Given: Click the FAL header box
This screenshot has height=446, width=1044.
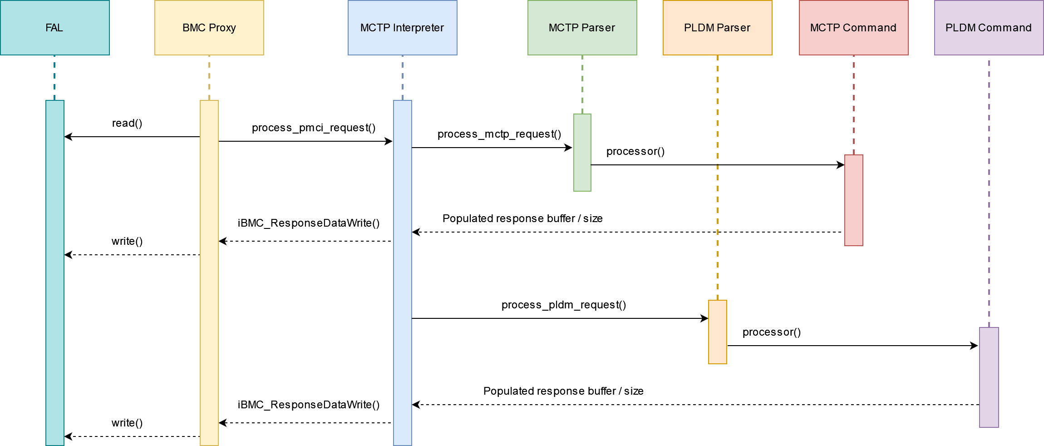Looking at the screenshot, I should [x=54, y=28].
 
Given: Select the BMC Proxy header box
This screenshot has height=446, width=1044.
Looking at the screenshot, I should [x=209, y=28].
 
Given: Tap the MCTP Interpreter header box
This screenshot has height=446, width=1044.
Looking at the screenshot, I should [x=402, y=28].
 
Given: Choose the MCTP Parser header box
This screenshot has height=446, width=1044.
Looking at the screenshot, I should [x=582, y=28].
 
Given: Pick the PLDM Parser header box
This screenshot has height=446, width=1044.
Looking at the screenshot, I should [x=717, y=28].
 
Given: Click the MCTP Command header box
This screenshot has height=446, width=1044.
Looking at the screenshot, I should [x=853, y=28].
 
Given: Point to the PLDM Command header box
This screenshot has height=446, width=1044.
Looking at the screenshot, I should [x=989, y=28].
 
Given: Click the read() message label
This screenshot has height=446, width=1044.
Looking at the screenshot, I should [x=127, y=123].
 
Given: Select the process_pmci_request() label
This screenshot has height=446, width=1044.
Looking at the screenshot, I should [x=314, y=128].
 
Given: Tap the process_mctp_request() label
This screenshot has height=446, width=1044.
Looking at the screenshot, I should [x=499, y=134].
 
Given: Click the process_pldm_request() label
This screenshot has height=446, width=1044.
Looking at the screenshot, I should [x=564, y=305].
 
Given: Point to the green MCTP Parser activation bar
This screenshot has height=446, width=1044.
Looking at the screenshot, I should [x=582, y=153].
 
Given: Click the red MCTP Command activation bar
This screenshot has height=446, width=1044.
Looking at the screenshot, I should [x=853, y=200].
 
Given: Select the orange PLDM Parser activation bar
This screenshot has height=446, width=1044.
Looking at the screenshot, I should [x=717, y=332].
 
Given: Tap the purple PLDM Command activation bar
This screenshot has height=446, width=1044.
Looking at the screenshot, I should [x=989, y=377].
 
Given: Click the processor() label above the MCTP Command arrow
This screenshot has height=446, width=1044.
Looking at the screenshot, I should [x=635, y=151].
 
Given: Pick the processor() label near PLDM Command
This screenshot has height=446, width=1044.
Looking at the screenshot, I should [x=772, y=332].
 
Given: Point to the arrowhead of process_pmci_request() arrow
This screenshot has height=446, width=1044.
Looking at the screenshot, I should [x=389, y=141].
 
